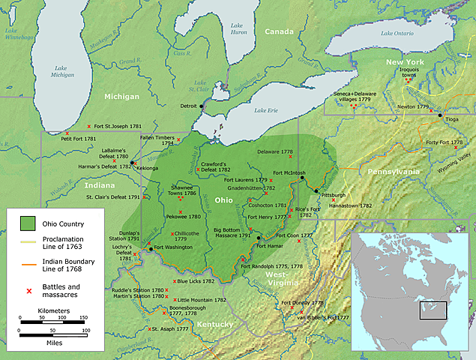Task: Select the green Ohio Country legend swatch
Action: [x=28, y=223]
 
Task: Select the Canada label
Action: [x=279, y=31]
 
